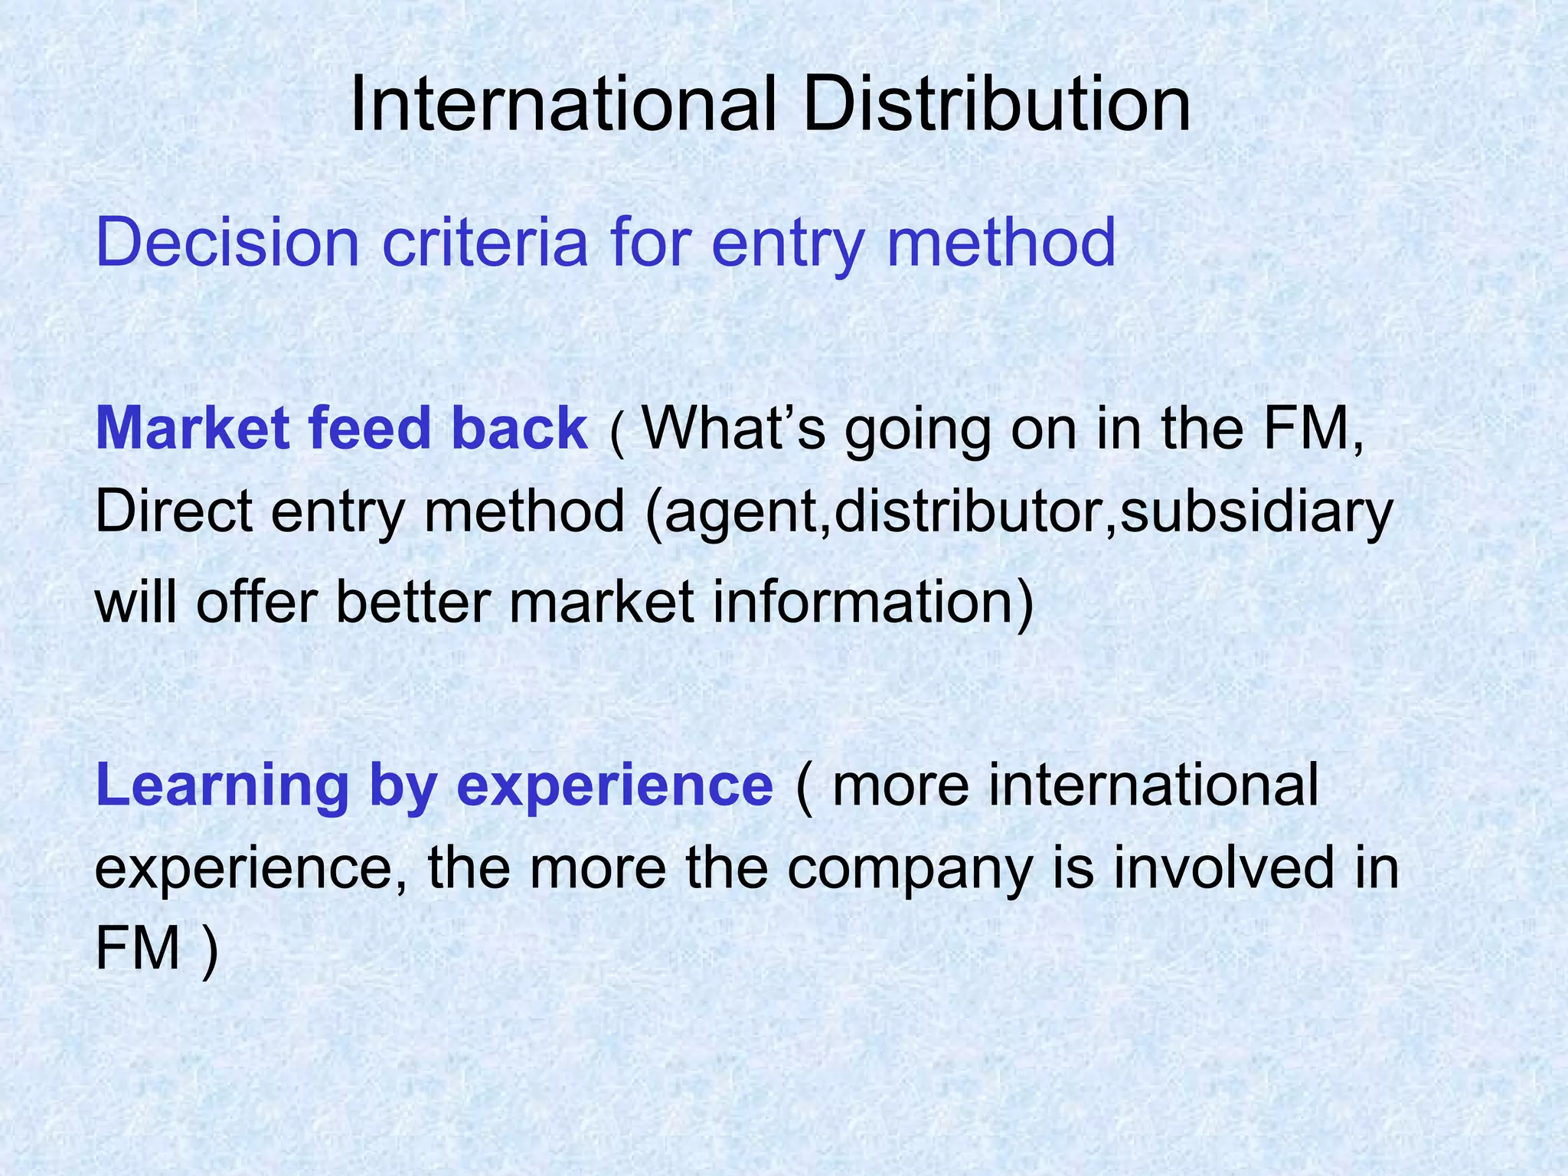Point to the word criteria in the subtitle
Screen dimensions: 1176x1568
tap(485, 243)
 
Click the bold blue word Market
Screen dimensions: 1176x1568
tap(192, 428)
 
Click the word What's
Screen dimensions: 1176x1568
tap(734, 428)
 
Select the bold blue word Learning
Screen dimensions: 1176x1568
tap(223, 786)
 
